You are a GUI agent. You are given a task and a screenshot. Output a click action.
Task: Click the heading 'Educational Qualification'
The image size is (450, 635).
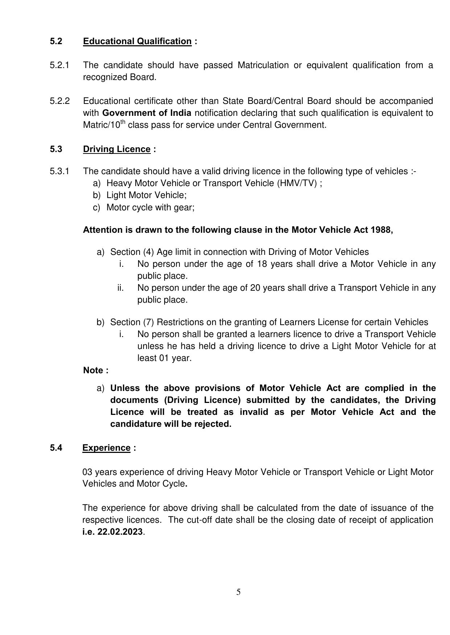click(x=137, y=41)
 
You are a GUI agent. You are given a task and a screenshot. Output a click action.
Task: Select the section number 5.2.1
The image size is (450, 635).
click(x=59, y=65)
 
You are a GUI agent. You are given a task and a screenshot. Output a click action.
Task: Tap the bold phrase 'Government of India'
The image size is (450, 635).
click(x=146, y=113)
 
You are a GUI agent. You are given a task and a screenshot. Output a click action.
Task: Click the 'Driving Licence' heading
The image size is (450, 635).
click(x=116, y=149)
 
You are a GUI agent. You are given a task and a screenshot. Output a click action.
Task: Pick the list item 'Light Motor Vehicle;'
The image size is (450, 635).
click(x=146, y=195)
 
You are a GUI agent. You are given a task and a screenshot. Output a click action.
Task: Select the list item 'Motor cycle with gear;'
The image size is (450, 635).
click(x=150, y=207)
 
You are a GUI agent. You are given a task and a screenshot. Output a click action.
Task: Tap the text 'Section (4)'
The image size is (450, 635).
click(x=132, y=252)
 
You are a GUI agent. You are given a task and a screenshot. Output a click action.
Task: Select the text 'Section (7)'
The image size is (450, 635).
click(x=132, y=322)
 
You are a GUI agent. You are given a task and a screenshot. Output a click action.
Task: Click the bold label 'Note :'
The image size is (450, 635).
click(x=96, y=370)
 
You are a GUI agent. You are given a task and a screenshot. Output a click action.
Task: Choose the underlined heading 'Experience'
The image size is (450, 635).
click(x=106, y=448)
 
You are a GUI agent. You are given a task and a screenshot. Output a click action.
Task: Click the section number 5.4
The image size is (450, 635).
click(x=56, y=448)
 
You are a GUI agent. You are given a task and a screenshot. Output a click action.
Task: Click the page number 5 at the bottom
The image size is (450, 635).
click(x=238, y=592)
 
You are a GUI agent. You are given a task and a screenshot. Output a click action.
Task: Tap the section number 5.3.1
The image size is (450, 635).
click(x=59, y=171)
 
